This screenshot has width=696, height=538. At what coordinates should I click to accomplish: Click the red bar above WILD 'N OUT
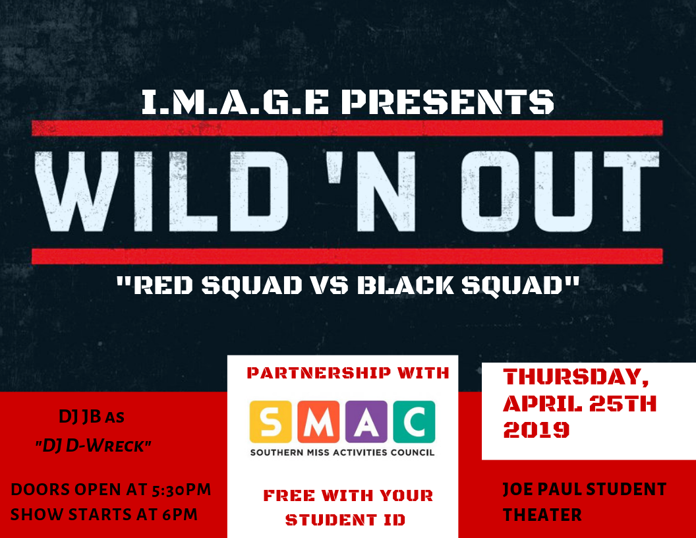click(347, 128)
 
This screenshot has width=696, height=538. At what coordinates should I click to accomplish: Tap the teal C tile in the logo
click(414, 422)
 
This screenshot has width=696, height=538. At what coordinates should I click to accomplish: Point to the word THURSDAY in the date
click(576, 378)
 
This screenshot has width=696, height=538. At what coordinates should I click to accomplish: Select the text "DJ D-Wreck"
click(93, 446)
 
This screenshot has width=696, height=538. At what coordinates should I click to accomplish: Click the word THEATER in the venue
click(542, 514)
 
